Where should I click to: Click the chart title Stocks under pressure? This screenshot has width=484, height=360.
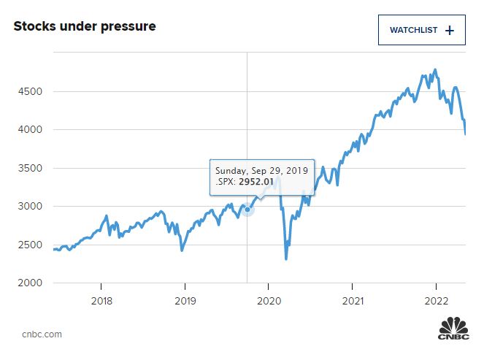coord(85,27)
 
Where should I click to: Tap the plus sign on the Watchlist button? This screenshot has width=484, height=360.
coord(450,30)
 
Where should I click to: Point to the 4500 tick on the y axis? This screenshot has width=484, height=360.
coord(26,92)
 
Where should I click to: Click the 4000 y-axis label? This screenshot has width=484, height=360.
coord(26,130)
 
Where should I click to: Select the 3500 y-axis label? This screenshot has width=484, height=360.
coord(26,168)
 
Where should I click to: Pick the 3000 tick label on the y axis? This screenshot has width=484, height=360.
coord(26,207)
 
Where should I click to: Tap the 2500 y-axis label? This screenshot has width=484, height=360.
coord(26,245)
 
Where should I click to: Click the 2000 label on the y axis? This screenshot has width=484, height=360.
coord(26,283)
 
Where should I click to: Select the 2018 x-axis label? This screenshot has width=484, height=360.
coord(101,300)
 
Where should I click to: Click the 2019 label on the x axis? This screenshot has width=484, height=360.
coord(185,300)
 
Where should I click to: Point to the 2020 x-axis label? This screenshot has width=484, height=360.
coord(269,300)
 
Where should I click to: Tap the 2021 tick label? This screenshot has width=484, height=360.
coord(353,300)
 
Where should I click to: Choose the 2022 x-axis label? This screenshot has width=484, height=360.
coord(437,300)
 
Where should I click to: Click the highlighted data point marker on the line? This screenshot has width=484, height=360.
coord(247,210)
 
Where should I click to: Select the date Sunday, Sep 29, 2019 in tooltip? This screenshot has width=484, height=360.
coord(261,169)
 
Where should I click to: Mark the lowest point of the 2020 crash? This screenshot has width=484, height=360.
coord(286,258)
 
